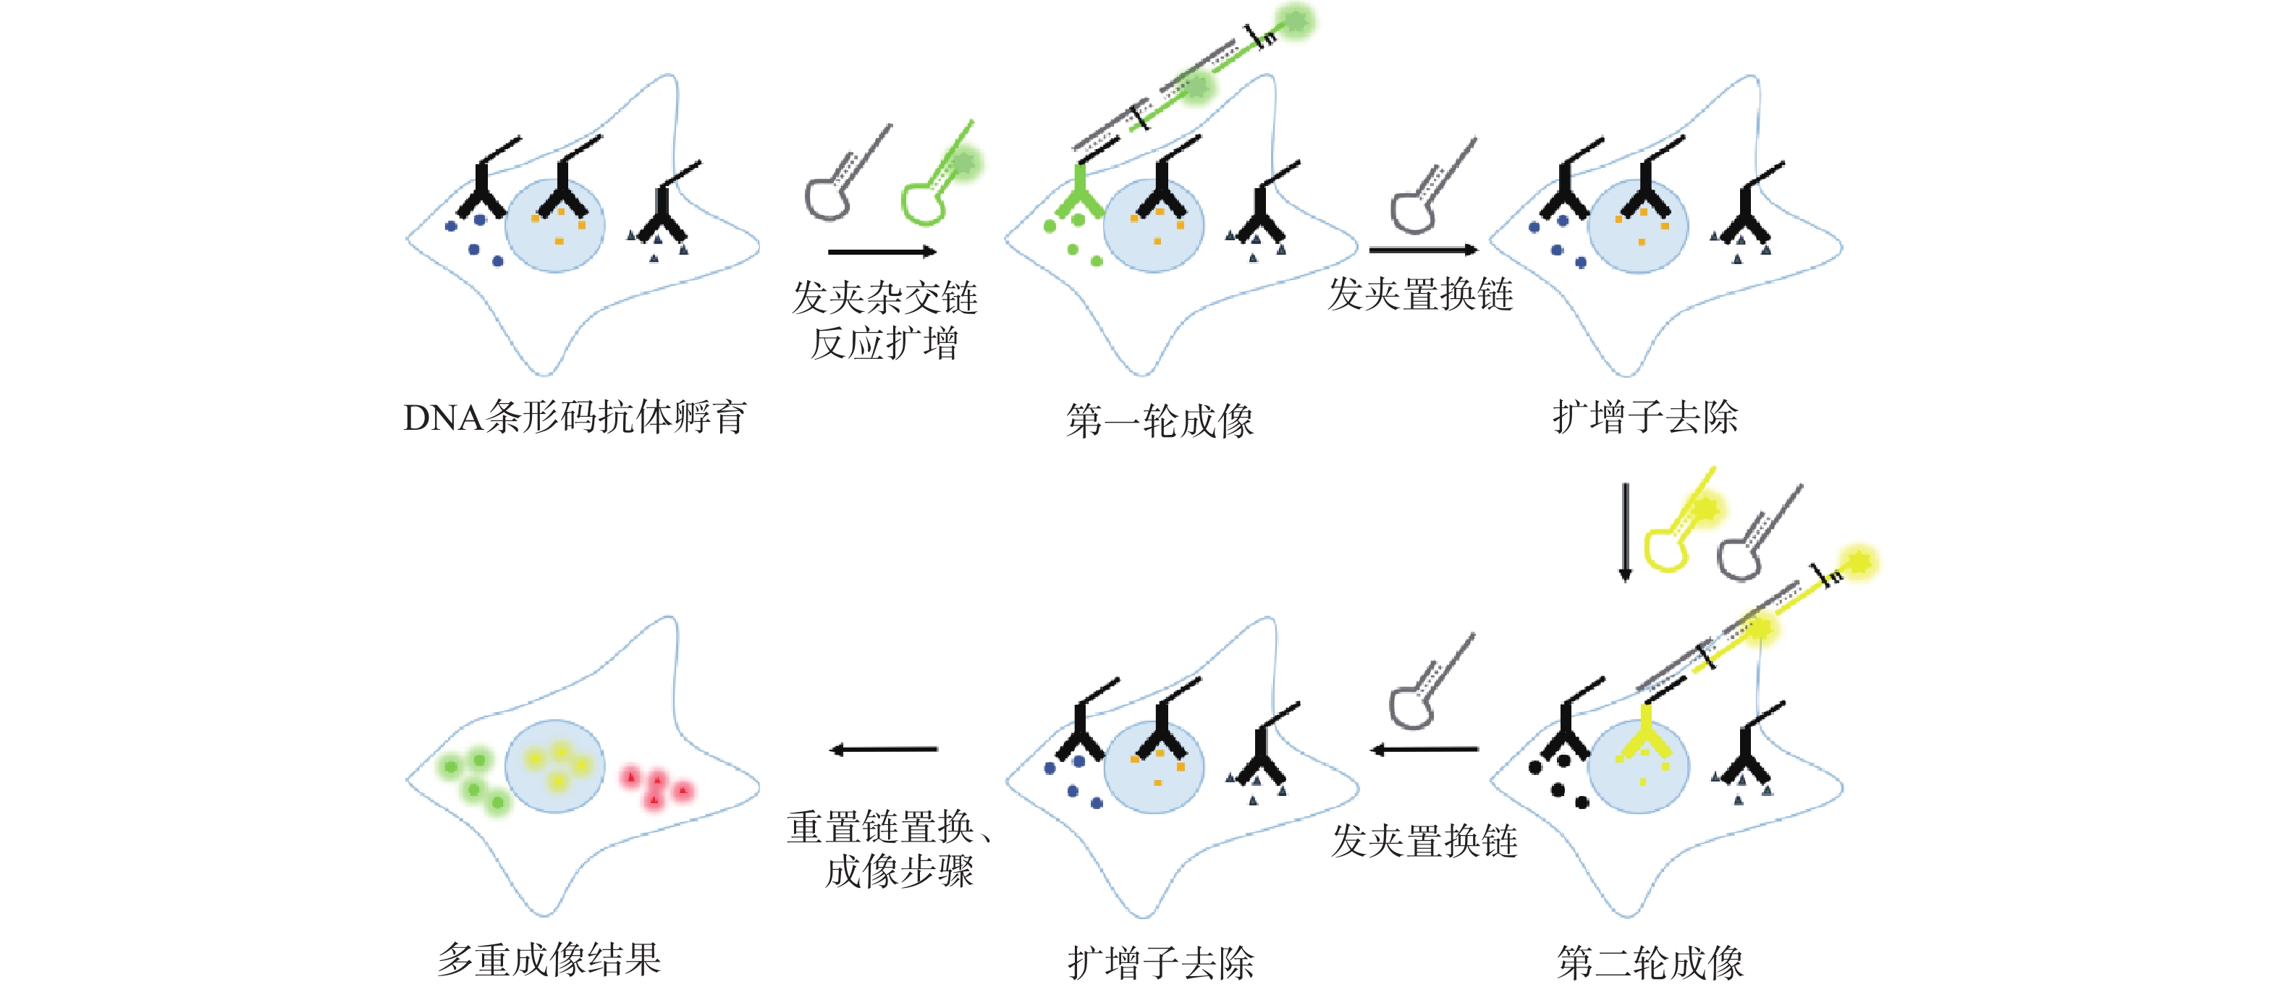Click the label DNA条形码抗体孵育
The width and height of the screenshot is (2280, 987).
tap(575, 417)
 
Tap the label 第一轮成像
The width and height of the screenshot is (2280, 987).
tap(1160, 420)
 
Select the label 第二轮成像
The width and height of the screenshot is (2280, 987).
tap(1650, 962)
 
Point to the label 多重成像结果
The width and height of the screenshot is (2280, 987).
tap(549, 959)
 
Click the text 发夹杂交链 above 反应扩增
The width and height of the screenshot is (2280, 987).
tap(884, 297)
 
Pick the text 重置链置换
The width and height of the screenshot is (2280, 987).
tap(881, 827)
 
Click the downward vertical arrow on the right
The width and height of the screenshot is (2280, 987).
tap(1625, 531)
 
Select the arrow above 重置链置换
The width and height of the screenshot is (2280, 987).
tap(883, 750)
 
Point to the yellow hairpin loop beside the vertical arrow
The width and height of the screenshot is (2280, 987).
tap(1665, 548)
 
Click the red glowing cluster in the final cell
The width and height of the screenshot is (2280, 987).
tap(656, 786)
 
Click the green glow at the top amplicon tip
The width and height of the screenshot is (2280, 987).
tap(1296, 20)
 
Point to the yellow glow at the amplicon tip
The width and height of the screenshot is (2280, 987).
tap(1858, 562)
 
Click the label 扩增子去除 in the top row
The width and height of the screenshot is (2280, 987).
tap(1645, 417)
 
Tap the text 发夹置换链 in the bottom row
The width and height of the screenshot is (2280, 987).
tap(1424, 840)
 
